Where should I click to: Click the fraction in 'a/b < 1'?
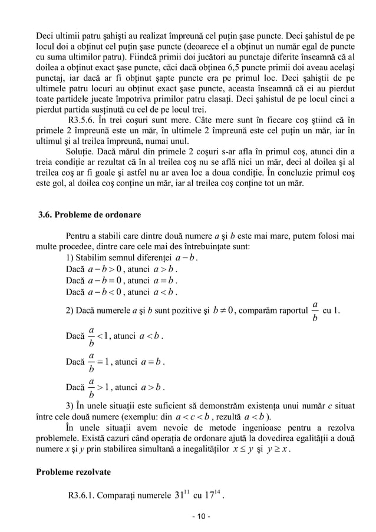[x=91, y=336]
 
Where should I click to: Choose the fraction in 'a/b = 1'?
[x=91, y=362]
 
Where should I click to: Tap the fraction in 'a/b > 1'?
[x=91, y=387]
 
